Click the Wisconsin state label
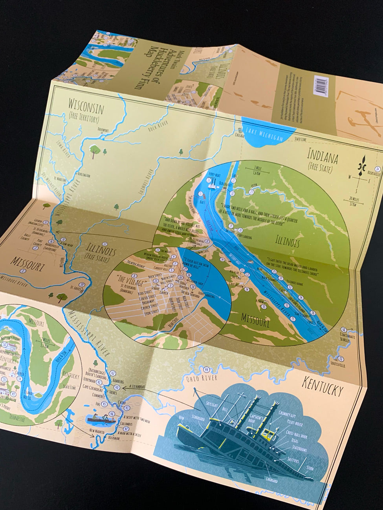[86, 106]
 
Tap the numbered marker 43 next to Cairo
[126, 408]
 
